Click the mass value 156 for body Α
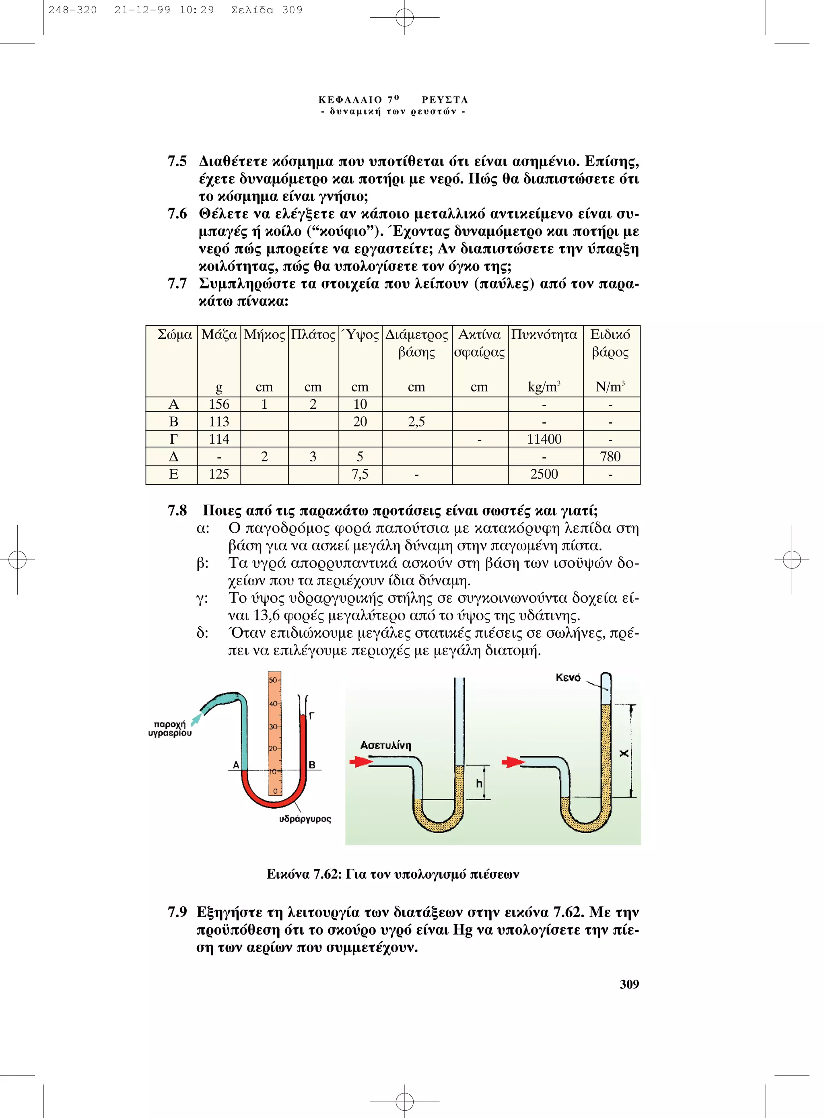point(219,404)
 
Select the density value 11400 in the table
point(544,439)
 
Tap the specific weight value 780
point(610,457)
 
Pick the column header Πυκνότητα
point(544,335)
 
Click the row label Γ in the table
point(173,439)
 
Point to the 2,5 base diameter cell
point(416,422)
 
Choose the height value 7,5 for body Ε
point(360,474)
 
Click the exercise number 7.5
point(177,162)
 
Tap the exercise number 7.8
point(177,511)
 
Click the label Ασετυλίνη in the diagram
point(385,745)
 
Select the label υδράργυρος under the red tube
point(305,819)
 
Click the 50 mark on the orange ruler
point(273,680)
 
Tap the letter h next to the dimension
point(479,783)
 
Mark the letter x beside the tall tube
point(624,753)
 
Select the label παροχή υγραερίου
point(170,729)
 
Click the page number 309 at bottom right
point(629,984)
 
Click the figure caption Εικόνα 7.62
point(393,874)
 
